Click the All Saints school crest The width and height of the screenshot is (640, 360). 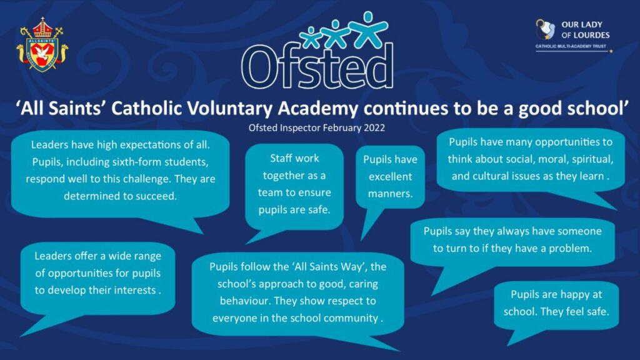(x=42, y=45)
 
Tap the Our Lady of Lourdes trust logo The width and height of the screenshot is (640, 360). (x=573, y=36)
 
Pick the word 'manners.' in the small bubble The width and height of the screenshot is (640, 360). (x=390, y=194)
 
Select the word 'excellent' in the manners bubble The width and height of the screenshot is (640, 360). (x=390, y=176)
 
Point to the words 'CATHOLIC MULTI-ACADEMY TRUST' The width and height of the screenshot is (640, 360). (x=571, y=46)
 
